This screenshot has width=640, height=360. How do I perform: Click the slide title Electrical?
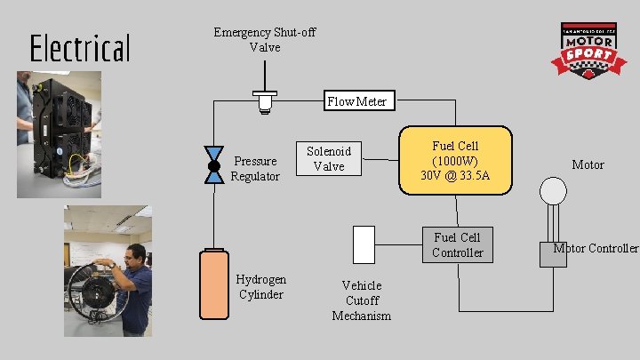(80, 48)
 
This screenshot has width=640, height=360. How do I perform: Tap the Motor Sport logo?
(588, 50)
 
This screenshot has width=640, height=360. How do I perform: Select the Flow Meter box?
(356, 100)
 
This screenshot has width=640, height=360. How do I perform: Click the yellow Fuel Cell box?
(456, 160)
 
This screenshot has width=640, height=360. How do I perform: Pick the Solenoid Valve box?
(329, 158)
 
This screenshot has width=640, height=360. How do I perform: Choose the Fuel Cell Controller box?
(457, 244)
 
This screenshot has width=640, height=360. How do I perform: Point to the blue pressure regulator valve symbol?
(214, 166)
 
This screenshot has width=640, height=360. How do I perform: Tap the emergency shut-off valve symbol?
(264, 102)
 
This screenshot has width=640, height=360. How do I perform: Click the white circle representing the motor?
(554, 190)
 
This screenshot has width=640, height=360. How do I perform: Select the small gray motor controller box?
(553, 253)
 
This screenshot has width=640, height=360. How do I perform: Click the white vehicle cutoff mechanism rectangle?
(364, 244)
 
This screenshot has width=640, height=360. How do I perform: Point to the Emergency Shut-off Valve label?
(265, 39)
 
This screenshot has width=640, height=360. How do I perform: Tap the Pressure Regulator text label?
(255, 168)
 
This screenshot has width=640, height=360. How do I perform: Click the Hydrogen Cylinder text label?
(260, 286)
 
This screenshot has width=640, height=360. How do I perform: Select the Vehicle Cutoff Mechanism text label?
(362, 300)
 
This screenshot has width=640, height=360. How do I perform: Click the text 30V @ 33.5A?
(456, 176)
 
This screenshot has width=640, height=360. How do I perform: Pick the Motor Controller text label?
(596, 248)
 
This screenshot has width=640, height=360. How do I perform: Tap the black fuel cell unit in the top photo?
(62, 124)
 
